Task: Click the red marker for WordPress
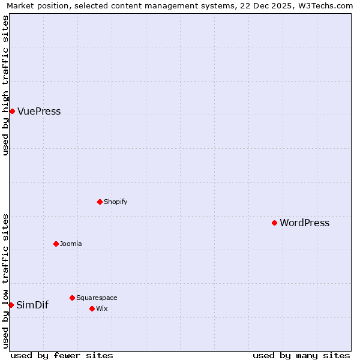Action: click(274, 223)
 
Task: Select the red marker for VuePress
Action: click(12, 111)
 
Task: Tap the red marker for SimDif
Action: click(11, 305)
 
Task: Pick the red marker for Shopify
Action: click(100, 202)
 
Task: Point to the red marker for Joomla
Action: click(56, 244)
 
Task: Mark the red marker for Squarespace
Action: click(72, 298)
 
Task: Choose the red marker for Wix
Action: click(92, 308)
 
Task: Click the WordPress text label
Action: click(304, 223)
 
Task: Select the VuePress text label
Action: click(39, 112)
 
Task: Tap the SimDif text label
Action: click(32, 305)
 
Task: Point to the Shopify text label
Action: click(115, 202)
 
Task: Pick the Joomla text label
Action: click(71, 244)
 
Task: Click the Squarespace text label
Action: click(97, 298)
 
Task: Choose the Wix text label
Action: click(101, 309)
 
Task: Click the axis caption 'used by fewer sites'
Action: click(62, 355)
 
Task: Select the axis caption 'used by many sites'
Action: click(301, 355)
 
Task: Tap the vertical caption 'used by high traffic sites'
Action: click(5, 86)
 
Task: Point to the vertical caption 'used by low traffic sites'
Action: click(5, 281)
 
